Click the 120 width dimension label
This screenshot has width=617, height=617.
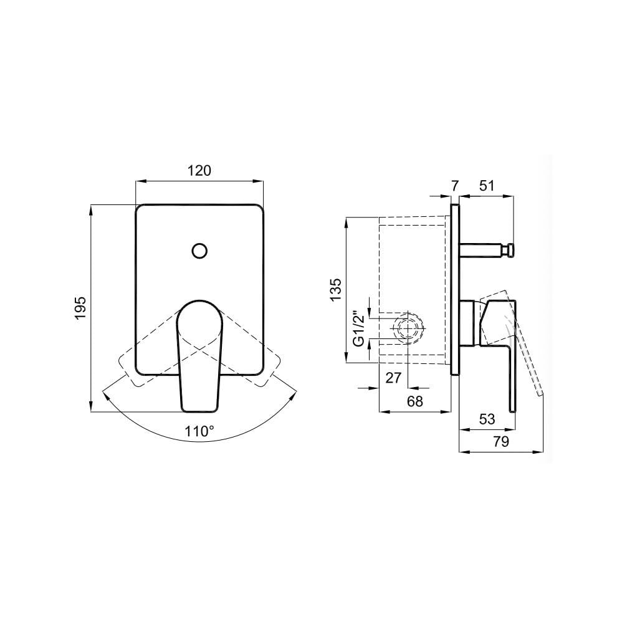199,171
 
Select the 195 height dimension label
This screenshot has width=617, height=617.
80,308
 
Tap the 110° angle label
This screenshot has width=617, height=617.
199,432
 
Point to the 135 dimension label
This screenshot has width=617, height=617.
336,290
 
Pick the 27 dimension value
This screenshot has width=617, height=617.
393,378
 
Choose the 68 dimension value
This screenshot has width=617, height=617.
414,401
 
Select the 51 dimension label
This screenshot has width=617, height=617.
486,186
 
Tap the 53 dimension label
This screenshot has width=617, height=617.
487,419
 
